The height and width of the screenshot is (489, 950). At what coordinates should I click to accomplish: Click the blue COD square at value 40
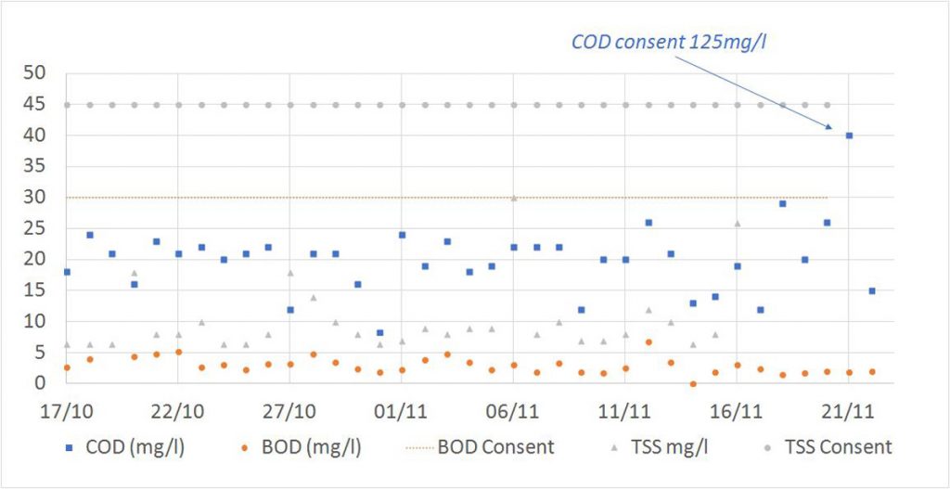pyautogui.click(x=849, y=135)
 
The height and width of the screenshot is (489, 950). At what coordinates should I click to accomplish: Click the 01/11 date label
pyautogui.click(x=402, y=408)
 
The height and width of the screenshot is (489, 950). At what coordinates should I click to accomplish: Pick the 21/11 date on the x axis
pyautogui.click(x=849, y=408)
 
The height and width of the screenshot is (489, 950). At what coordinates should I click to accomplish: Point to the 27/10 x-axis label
pyautogui.click(x=289, y=408)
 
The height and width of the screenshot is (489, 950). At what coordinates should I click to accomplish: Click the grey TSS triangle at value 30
pyautogui.click(x=514, y=198)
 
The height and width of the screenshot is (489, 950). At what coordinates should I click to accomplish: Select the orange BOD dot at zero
pyautogui.click(x=692, y=383)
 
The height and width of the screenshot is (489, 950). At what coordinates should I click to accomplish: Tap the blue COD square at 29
pyautogui.click(x=782, y=203)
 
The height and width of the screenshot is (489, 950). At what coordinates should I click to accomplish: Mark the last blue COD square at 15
pyautogui.click(x=872, y=290)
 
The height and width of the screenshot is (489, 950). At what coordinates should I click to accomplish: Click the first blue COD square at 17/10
pyautogui.click(x=67, y=272)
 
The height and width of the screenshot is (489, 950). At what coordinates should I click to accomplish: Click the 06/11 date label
pyautogui.click(x=514, y=408)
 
